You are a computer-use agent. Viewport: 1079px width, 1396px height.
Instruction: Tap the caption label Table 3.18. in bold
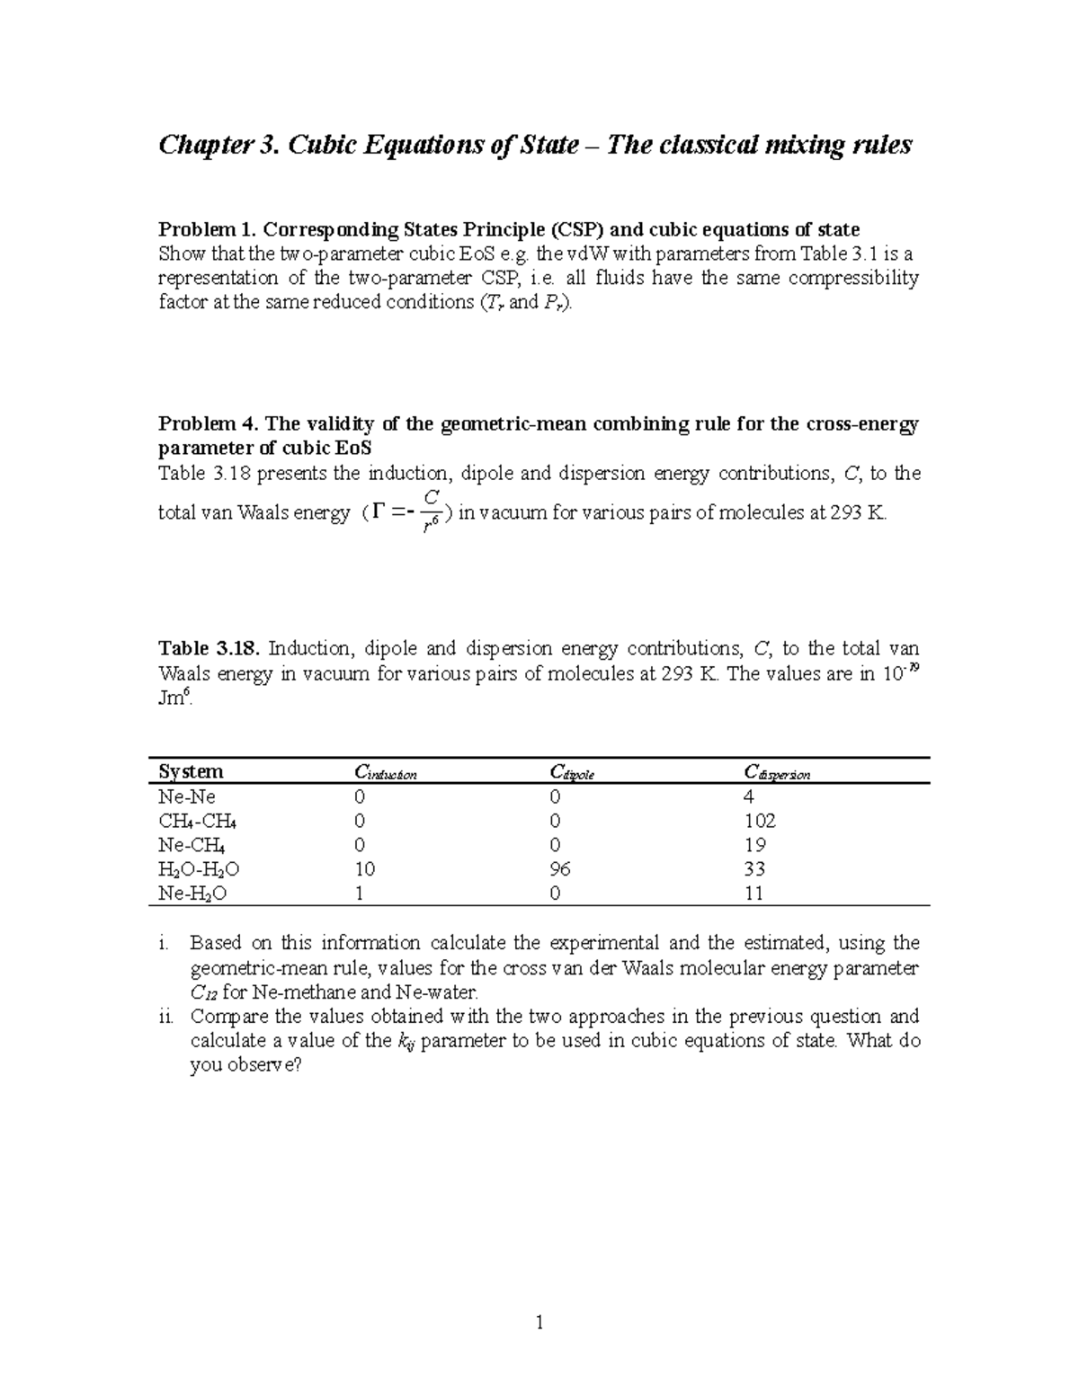coord(210,648)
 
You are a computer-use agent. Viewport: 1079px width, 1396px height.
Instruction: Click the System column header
coord(191,771)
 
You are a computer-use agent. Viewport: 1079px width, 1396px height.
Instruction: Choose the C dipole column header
coord(572,772)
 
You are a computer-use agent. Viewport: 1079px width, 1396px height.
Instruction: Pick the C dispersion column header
coord(777,772)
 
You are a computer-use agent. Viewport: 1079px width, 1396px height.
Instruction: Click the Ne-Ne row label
coord(187,796)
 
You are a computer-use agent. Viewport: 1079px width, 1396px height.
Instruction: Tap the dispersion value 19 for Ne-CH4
coord(755,845)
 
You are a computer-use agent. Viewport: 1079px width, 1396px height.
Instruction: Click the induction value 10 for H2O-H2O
coord(365,869)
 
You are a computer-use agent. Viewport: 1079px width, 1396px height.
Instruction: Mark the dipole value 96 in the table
coord(560,869)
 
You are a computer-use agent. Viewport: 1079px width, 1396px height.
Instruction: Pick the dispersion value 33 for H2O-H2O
coord(755,869)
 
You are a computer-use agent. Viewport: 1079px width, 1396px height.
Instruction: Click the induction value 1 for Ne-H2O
coord(360,894)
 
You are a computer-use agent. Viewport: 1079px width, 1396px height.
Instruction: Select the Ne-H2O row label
coord(192,894)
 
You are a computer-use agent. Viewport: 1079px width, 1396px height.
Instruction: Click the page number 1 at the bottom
coord(539,1322)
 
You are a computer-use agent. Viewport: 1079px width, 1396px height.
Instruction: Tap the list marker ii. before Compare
coord(165,1017)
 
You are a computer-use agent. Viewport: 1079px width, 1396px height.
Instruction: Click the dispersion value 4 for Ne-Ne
coord(750,796)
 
